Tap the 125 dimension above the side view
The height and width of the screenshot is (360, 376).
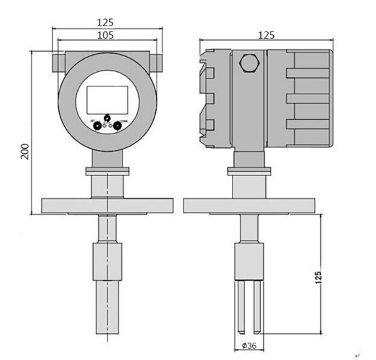tap(265, 35)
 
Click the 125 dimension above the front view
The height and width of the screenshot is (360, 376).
tap(105, 22)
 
